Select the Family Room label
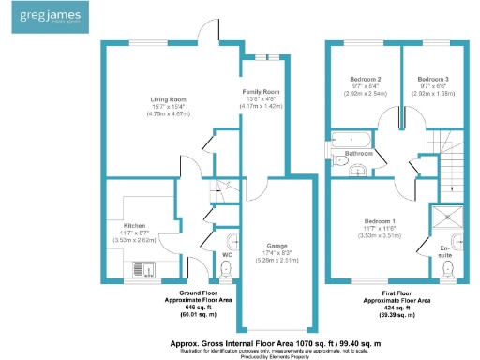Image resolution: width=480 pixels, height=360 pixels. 262,91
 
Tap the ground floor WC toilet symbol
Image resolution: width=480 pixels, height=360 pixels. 225,271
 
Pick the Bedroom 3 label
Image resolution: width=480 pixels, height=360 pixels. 432,79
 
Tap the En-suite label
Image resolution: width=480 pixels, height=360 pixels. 447,251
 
